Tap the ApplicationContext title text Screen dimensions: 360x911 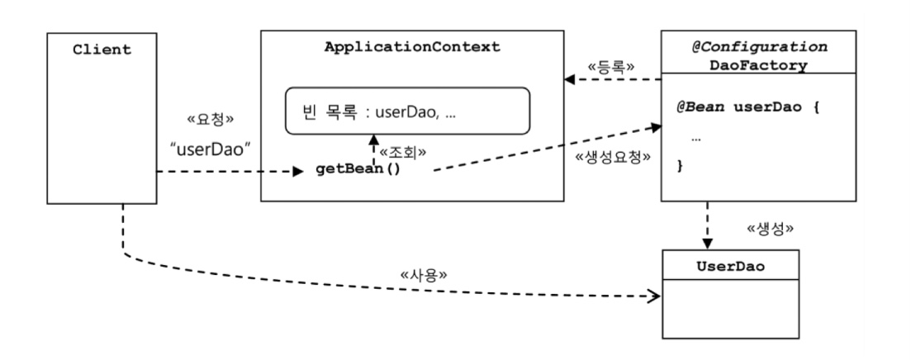[413, 46]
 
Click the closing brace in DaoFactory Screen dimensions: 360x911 [681, 166]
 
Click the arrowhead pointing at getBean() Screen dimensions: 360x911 [299, 173]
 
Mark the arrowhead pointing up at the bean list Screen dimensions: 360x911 [373, 138]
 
